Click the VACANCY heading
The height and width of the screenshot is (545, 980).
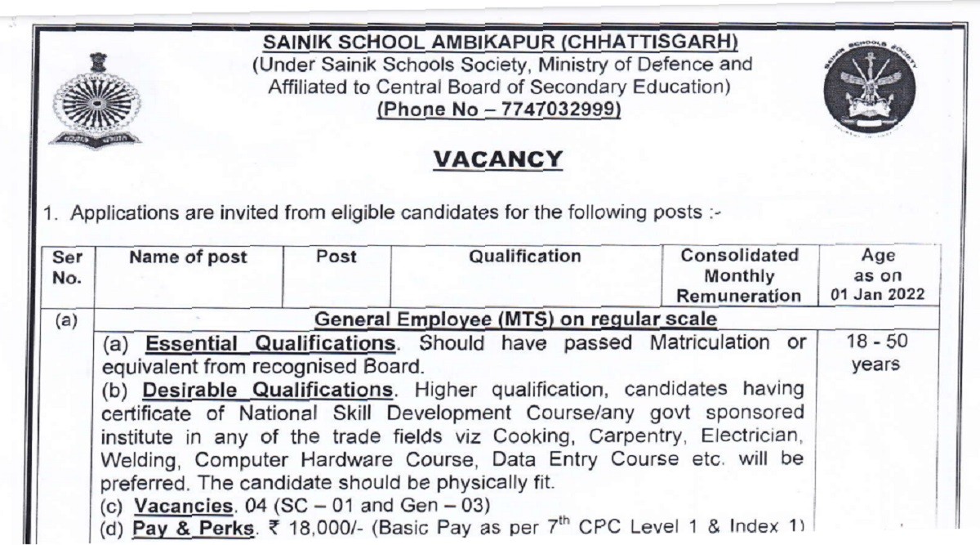497,159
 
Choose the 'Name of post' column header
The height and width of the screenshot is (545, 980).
189,257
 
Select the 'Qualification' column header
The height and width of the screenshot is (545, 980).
524,257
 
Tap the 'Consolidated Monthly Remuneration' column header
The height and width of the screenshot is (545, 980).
739,275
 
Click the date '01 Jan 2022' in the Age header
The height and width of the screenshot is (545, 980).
878,294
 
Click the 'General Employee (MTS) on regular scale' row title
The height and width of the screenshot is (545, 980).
515,318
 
